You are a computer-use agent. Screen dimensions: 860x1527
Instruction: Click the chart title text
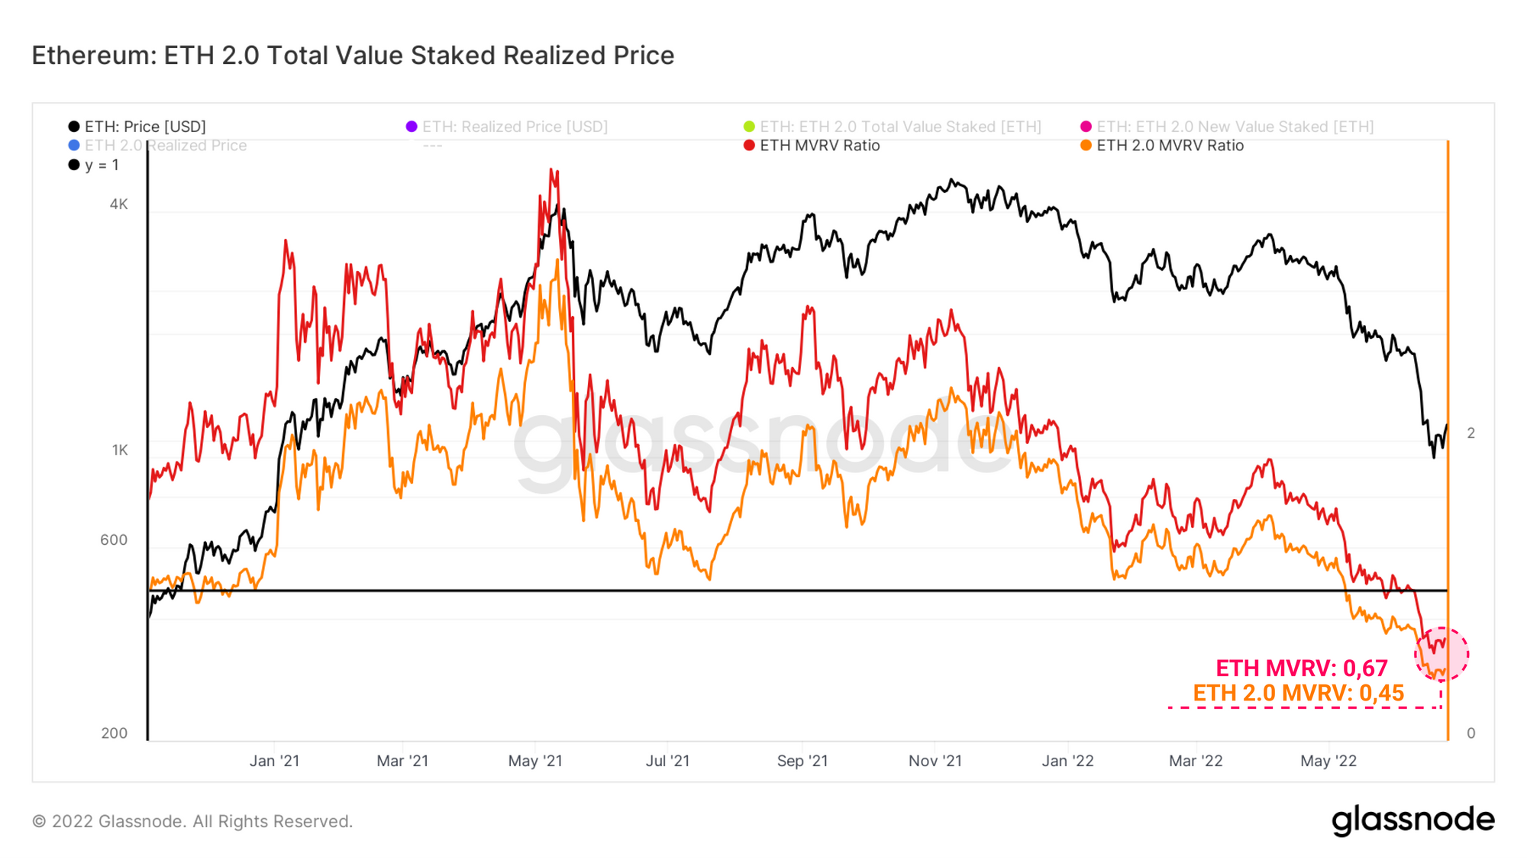[353, 56]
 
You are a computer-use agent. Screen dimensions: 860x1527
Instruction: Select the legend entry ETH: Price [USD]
[144, 127]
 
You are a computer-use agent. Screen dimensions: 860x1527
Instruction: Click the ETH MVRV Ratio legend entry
[819, 146]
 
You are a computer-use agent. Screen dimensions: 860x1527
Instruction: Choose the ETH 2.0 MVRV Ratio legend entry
[1170, 146]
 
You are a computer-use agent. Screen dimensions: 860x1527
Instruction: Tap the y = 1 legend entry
[101, 165]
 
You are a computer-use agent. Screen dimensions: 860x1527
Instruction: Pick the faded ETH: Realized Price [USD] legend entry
[515, 127]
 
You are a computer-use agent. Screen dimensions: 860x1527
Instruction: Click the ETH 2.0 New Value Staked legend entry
[1235, 127]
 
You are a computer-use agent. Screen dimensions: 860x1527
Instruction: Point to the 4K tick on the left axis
[118, 205]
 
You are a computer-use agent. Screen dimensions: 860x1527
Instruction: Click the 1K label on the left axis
[120, 450]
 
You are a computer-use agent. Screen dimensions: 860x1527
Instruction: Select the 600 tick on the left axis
[114, 540]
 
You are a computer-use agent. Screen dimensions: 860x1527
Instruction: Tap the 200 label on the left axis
[114, 733]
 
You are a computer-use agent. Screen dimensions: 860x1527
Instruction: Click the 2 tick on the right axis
[1471, 433]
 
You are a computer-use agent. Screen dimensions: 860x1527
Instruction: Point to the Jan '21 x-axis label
[274, 761]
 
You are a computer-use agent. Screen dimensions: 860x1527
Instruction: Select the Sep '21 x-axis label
[802, 761]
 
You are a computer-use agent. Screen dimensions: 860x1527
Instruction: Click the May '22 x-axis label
[1328, 761]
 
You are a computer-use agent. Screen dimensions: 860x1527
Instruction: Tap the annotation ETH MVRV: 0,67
[1301, 668]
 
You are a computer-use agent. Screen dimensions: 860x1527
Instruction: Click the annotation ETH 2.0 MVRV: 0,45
[1298, 693]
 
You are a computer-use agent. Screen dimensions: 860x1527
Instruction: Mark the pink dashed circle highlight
[1441, 654]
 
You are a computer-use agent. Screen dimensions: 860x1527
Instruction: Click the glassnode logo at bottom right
[1412, 820]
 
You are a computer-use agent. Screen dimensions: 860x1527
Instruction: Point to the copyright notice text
[192, 822]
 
